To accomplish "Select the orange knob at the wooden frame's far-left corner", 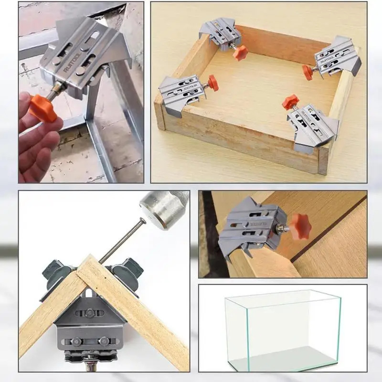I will click(241, 53).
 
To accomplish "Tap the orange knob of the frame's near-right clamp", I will click(290, 102).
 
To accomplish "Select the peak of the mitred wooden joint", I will click(89, 258).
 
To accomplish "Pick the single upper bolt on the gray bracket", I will click(90, 312).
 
